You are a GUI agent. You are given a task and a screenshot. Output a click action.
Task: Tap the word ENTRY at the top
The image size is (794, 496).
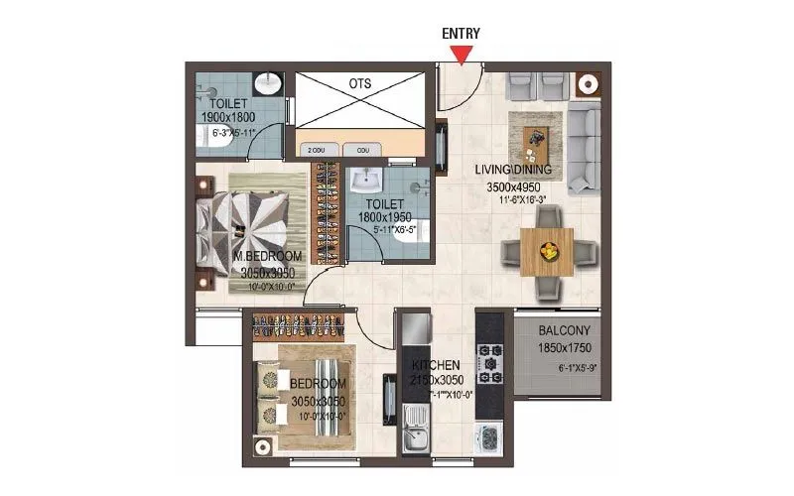click(462, 33)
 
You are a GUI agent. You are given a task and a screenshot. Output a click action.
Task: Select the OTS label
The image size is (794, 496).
click(360, 83)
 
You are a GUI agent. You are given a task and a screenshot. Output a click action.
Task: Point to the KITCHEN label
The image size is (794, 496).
click(438, 365)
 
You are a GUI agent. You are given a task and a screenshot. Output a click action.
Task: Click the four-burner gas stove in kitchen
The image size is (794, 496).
click(490, 363)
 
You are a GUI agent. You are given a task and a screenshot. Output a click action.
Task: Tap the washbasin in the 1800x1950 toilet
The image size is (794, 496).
click(366, 182)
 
